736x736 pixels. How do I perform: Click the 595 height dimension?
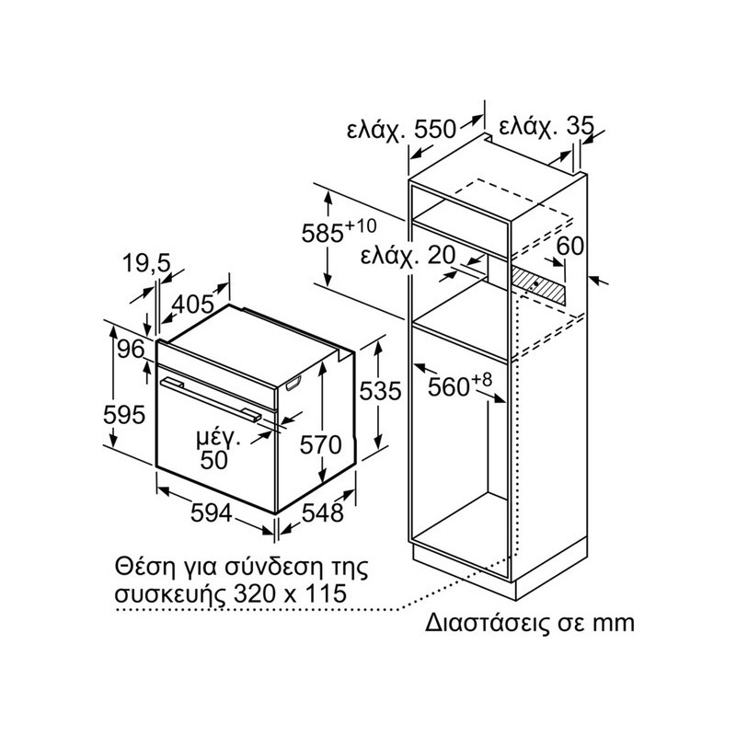[x=124, y=415]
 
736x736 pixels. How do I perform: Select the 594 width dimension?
[x=212, y=512]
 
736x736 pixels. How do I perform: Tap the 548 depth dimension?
[x=323, y=512]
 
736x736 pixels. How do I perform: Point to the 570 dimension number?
[x=320, y=444]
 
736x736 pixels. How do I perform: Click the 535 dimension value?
[x=380, y=391]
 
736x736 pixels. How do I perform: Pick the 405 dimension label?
[x=193, y=305]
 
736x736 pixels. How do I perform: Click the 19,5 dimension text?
[x=146, y=264]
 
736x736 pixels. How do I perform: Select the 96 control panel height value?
[x=131, y=350]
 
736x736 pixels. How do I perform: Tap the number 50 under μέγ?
[x=214, y=460]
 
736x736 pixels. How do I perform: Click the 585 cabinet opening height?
[x=323, y=234]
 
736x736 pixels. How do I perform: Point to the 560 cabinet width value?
[x=449, y=387]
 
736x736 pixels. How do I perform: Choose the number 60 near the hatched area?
[x=569, y=246]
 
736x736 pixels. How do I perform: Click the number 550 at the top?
[x=434, y=129]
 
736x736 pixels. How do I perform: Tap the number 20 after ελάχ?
[x=443, y=256]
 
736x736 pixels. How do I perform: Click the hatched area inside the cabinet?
[x=537, y=284]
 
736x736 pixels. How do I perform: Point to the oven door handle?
[x=211, y=400]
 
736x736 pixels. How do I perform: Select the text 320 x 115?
[x=290, y=593]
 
